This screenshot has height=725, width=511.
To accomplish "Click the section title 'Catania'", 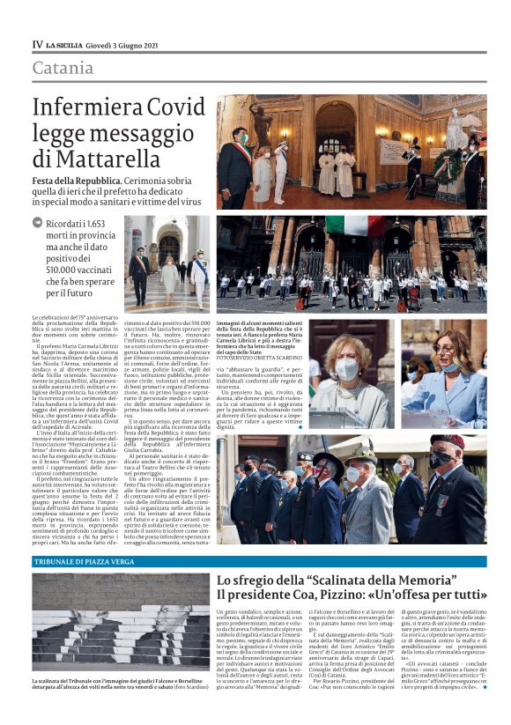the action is [x=63, y=68].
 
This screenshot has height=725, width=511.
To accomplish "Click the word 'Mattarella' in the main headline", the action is [x=97, y=159].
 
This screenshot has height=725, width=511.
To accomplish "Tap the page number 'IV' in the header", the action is [x=37, y=44].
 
